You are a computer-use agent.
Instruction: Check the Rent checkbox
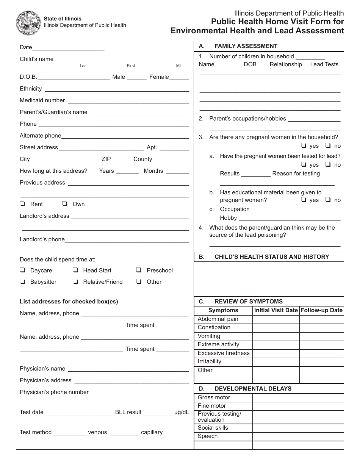23,204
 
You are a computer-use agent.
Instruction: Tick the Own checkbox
65,204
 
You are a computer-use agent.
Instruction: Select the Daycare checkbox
23,270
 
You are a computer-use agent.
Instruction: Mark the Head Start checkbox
75,270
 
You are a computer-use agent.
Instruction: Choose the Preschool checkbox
139,270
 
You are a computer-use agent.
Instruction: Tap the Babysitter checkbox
23,281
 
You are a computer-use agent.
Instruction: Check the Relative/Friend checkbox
75,281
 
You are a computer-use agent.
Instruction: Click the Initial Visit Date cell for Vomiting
276,336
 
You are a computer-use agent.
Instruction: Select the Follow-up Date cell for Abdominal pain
321,319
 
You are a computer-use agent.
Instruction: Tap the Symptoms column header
223,310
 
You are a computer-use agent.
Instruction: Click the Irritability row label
210,361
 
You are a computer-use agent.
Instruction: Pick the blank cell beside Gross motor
298,397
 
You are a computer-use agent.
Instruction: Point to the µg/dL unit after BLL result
182,412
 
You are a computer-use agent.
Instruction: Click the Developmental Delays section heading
253,388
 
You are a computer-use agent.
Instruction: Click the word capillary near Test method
152,432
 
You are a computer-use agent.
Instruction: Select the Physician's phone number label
54,392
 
